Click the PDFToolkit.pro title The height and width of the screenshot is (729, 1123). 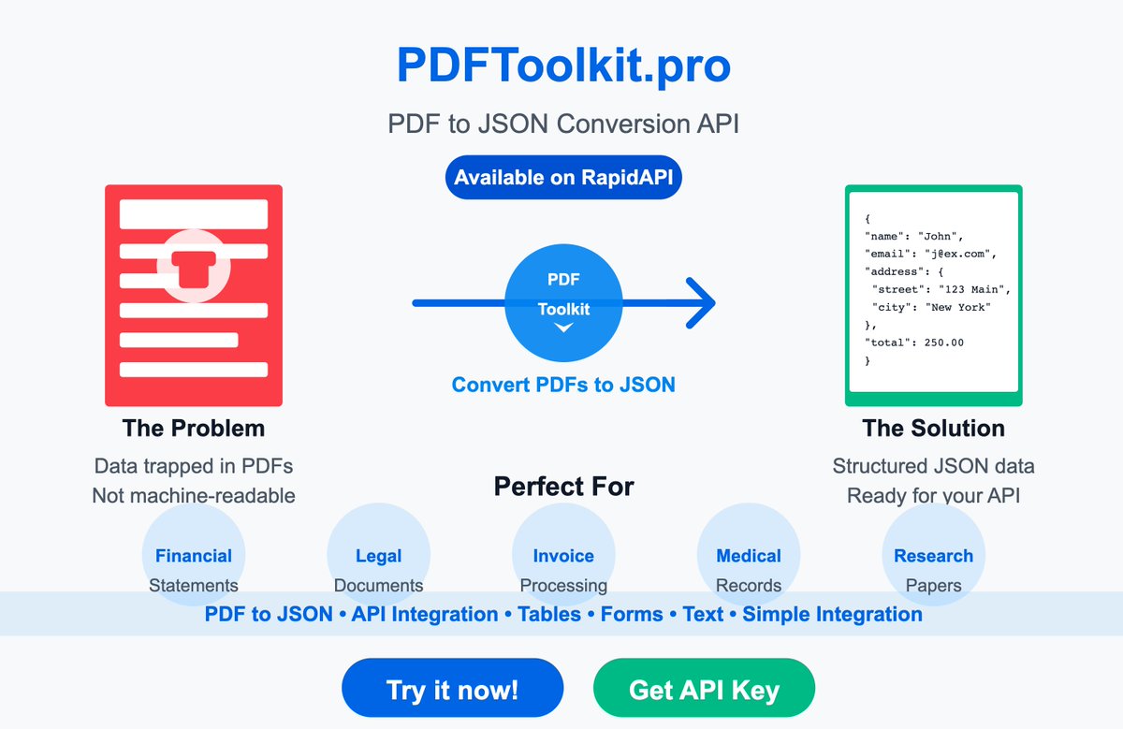click(563, 66)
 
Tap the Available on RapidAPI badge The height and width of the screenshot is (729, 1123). click(563, 177)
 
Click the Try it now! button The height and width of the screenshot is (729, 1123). click(452, 690)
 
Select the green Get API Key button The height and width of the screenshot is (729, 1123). click(704, 690)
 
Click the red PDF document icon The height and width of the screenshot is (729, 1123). click(194, 295)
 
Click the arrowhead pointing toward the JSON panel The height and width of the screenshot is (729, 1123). click(702, 302)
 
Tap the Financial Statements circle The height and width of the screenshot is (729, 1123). click(194, 556)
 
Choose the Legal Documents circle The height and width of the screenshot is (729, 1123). click(378, 556)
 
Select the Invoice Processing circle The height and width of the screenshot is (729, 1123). click(563, 556)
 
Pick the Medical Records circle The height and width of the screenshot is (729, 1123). click(749, 556)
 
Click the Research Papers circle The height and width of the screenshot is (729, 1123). click(933, 556)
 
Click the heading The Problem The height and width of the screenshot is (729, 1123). click(194, 429)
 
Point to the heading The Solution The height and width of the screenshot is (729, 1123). click(933, 429)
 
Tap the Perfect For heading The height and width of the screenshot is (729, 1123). click(563, 487)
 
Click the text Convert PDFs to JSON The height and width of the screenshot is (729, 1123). click(563, 385)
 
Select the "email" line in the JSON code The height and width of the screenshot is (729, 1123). click(930, 254)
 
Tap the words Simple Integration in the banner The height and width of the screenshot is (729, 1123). click(832, 615)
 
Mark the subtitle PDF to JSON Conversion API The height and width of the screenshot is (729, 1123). click(563, 124)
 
